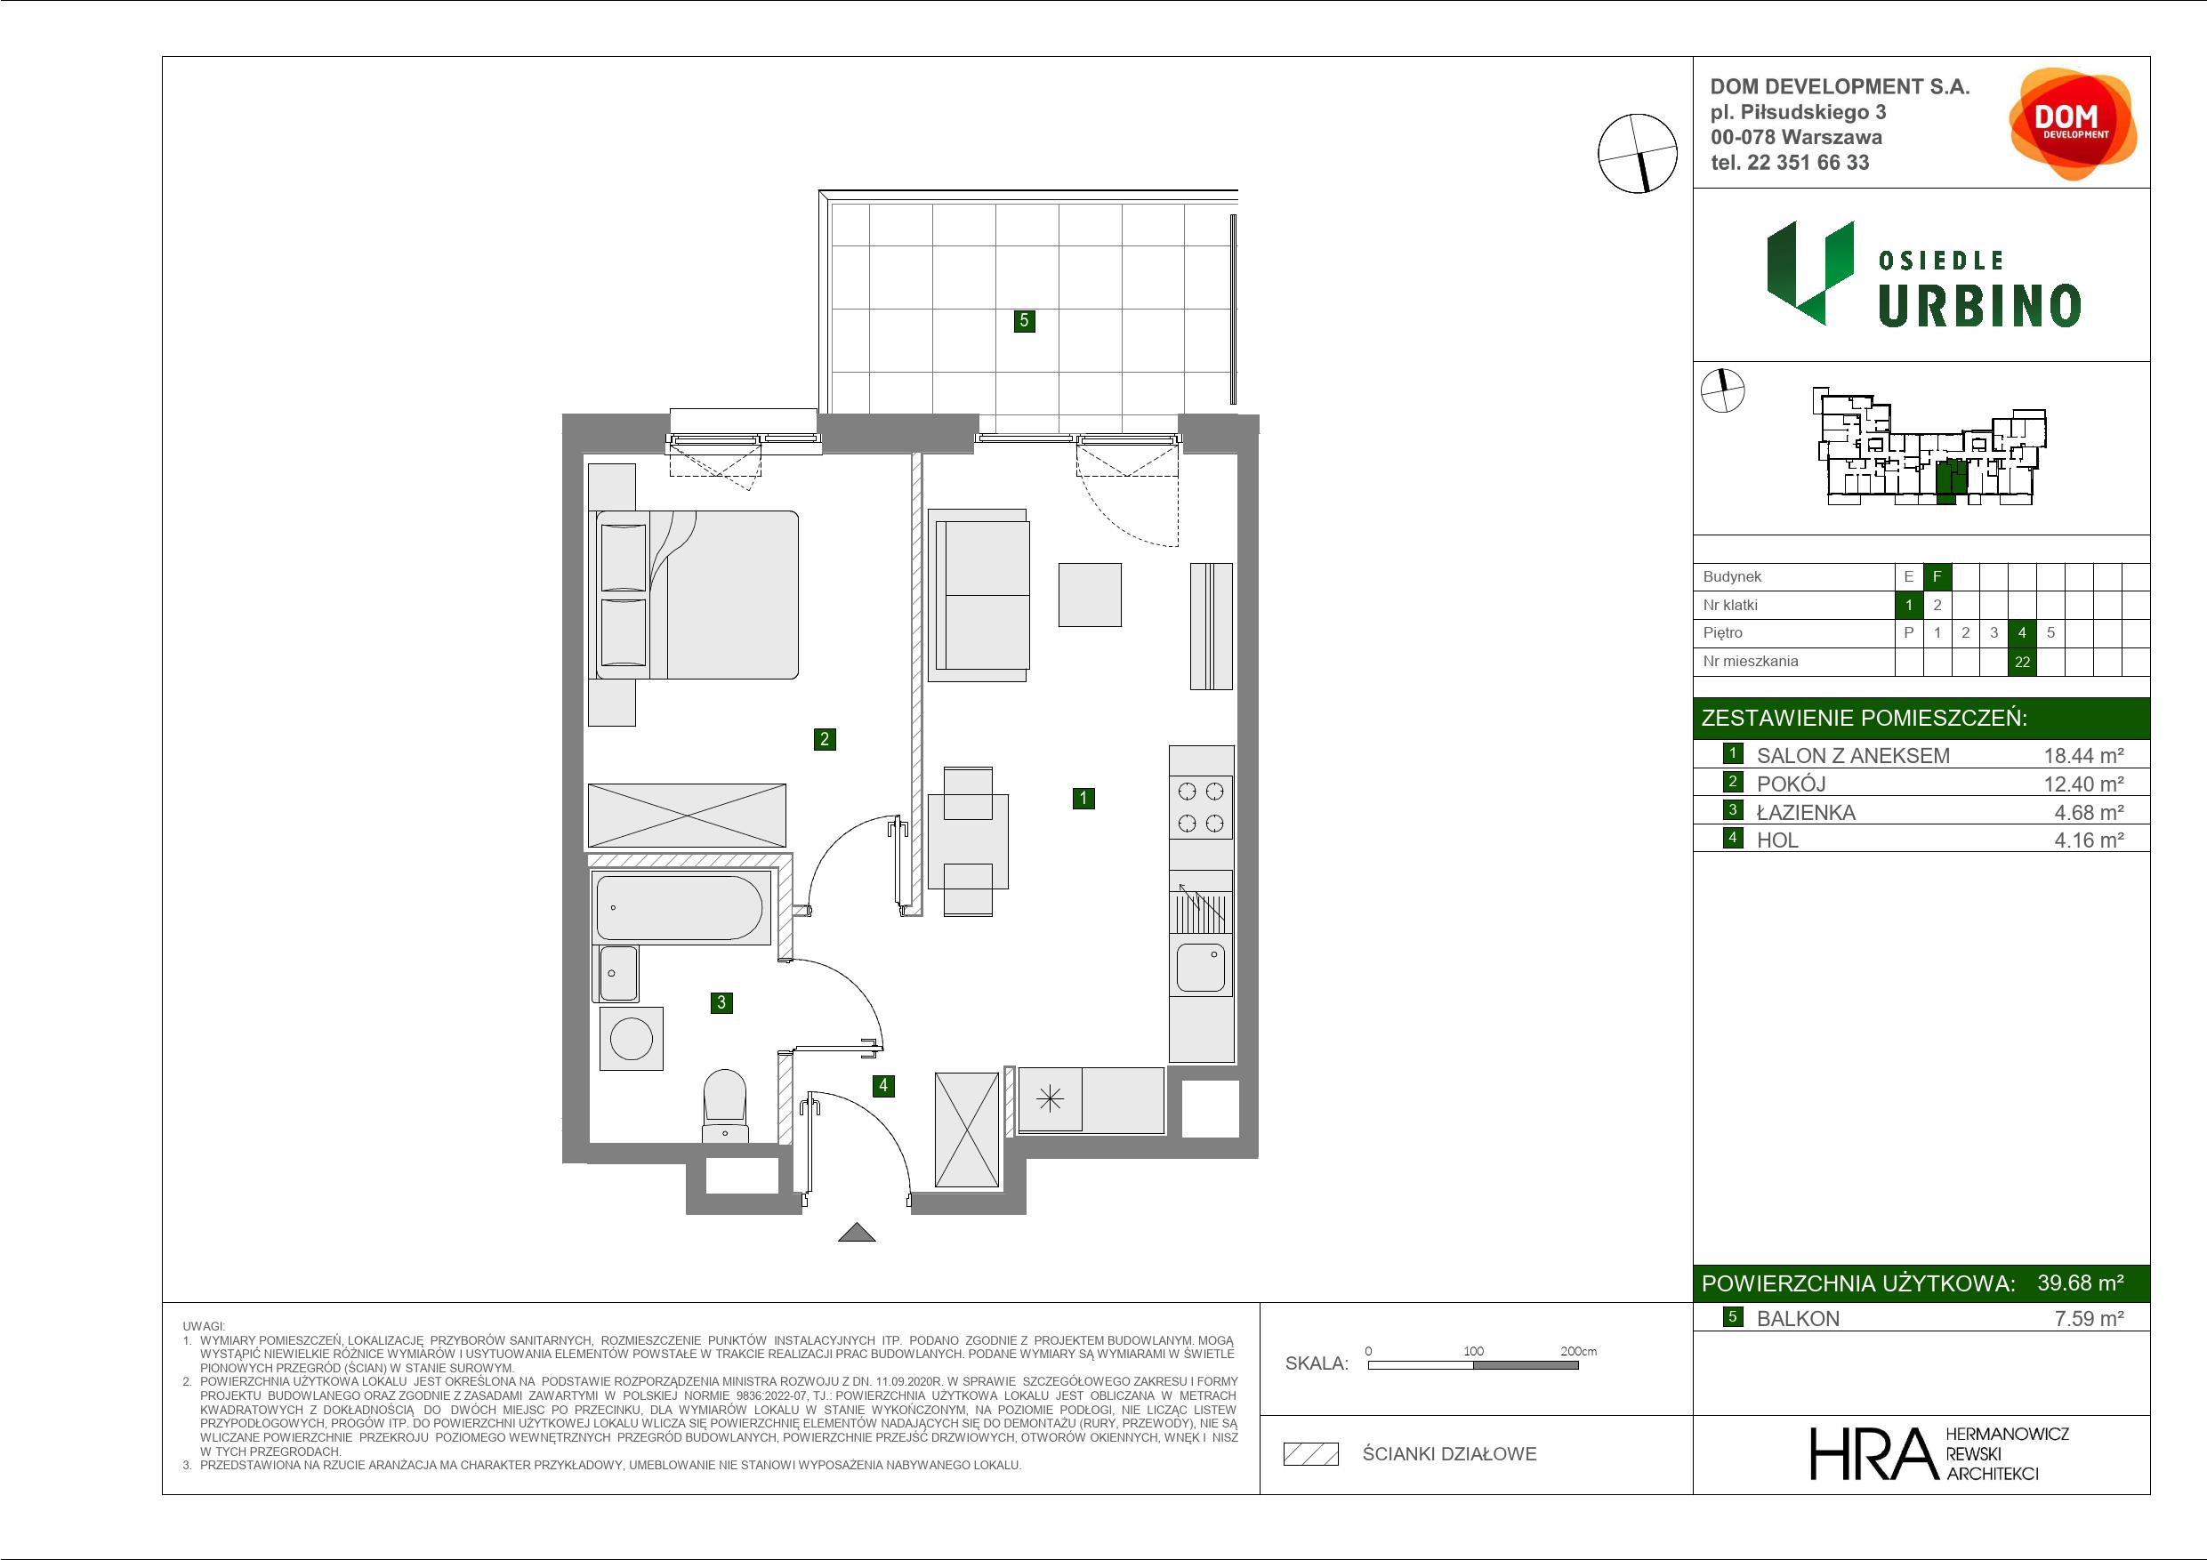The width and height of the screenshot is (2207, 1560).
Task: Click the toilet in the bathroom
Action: pos(726,1106)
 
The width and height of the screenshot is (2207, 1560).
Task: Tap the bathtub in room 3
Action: pos(680,907)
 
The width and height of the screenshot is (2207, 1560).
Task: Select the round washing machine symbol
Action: pos(632,1039)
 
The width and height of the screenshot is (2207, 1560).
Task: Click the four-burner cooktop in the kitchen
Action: pos(1201,808)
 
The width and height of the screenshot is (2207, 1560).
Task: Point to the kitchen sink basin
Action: pos(1201,968)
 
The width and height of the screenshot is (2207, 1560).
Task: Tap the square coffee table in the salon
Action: pos(1090,595)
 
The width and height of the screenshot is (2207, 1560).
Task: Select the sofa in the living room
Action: pos(979,595)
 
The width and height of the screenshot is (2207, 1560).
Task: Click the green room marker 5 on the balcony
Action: pos(1024,320)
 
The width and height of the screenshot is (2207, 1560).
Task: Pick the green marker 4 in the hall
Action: pos(882,1086)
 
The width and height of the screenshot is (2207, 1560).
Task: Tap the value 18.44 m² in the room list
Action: pos(2083,755)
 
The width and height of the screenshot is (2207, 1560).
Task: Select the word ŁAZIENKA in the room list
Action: pos(1806,812)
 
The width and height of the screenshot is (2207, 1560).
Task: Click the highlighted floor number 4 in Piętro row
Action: pos(2021,632)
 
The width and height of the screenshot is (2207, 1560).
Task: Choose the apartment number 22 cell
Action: pos(2021,662)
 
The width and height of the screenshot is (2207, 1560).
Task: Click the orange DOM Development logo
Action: pos(2073,123)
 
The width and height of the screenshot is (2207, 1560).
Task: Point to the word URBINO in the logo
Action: pos(1980,306)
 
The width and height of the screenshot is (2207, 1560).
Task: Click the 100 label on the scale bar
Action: pos(1474,1350)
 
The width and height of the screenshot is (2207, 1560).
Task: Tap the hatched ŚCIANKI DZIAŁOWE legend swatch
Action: pos(1311,1454)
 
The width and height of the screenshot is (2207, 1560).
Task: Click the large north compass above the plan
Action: pos(1637,153)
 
